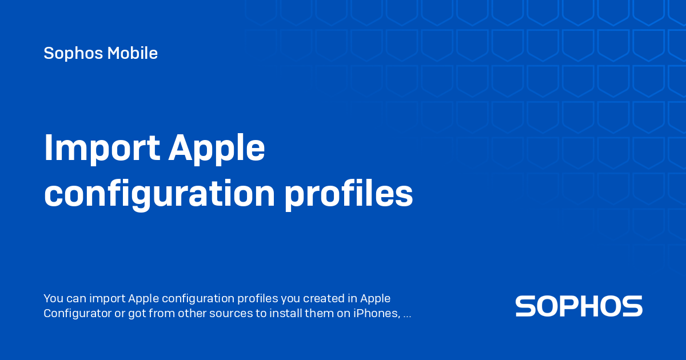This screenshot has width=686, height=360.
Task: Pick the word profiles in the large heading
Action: [x=349, y=194]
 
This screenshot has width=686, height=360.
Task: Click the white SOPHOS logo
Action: [x=579, y=306]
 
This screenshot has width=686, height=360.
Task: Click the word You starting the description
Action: [x=53, y=298]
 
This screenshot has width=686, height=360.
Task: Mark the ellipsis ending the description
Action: [x=407, y=314]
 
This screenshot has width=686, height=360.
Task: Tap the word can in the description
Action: [x=77, y=298]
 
